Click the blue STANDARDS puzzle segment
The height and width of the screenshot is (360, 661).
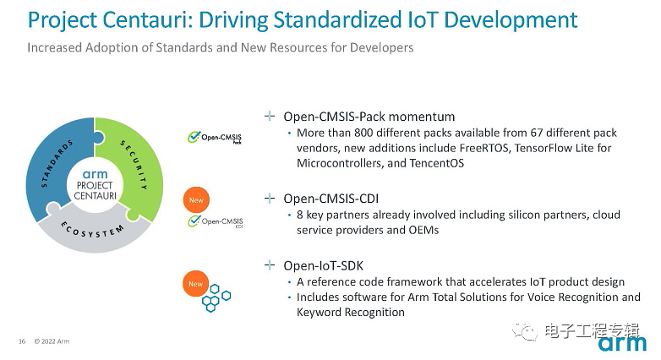(x=51, y=165)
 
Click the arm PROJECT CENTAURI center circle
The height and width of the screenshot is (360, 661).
(x=95, y=184)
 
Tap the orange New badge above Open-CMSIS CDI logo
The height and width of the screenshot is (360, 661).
(x=196, y=199)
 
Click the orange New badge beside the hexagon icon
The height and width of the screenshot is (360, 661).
(x=195, y=284)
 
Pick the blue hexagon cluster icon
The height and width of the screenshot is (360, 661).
(x=216, y=298)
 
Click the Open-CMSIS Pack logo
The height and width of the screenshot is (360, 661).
(x=215, y=138)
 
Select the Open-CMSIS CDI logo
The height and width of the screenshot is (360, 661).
(x=216, y=221)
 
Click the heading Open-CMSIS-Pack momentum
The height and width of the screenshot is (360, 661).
(x=369, y=117)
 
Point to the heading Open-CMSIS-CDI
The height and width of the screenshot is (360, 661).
(x=330, y=199)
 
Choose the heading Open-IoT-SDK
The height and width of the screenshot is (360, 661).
(x=324, y=265)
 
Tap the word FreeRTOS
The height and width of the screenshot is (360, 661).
(x=483, y=148)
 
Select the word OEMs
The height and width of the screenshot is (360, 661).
(x=423, y=230)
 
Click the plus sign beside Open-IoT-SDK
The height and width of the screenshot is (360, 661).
(x=270, y=265)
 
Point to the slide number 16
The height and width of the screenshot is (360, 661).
(x=22, y=341)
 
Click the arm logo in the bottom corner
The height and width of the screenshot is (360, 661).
(x=622, y=343)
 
